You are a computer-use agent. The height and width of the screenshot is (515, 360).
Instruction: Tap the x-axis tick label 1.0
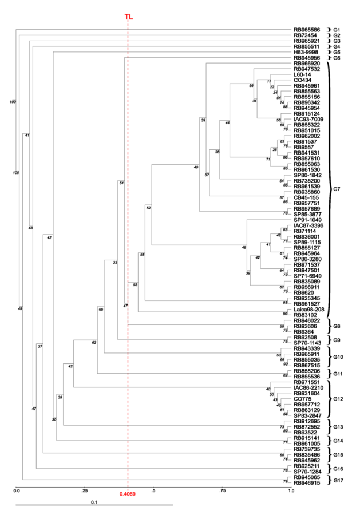pos(291,490)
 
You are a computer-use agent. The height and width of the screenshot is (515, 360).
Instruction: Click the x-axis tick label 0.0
pos(17,490)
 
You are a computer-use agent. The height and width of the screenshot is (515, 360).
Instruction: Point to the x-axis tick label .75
pos(222,490)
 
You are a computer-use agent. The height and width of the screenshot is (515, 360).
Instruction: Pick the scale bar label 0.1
pos(94,501)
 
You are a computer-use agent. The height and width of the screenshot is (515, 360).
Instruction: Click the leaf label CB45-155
pos(306,197)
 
